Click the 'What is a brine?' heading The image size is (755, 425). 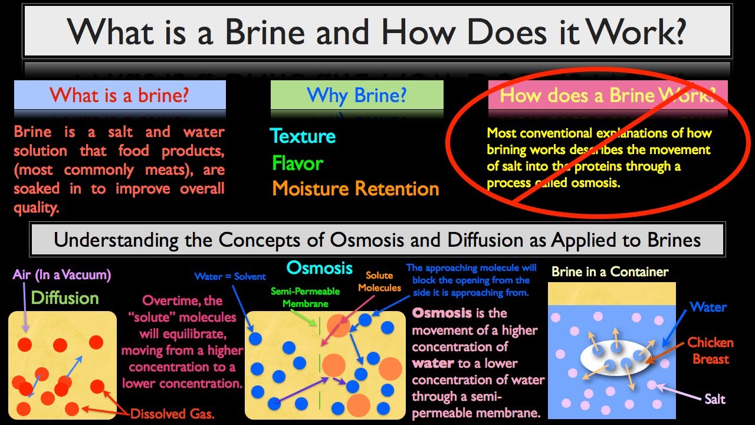[x=119, y=95]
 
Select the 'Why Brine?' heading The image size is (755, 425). [x=357, y=95]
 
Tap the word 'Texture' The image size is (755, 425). [x=303, y=136]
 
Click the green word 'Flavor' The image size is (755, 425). [x=298, y=164]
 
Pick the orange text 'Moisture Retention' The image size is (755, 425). [x=356, y=188]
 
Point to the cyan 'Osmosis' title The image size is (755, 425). [x=319, y=268]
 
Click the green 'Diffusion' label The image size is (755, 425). [x=65, y=298]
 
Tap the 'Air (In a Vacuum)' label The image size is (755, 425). [x=62, y=275]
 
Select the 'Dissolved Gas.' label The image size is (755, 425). [x=172, y=414]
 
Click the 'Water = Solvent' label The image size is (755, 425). [x=230, y=277]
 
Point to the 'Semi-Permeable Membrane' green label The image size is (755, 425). [x=306, y=297]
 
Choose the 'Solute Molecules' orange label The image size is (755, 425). [x=379, y=282]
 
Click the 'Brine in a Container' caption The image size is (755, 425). [x=610, y=272]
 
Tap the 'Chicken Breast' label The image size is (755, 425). [x=711, y=351]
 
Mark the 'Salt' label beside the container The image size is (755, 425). [x=715, y=400]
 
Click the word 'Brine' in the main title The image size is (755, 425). [x=265, y=32]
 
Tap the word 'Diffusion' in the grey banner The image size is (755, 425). [x=477, y=240]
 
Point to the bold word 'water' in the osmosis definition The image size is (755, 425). [x=433, y=363]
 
